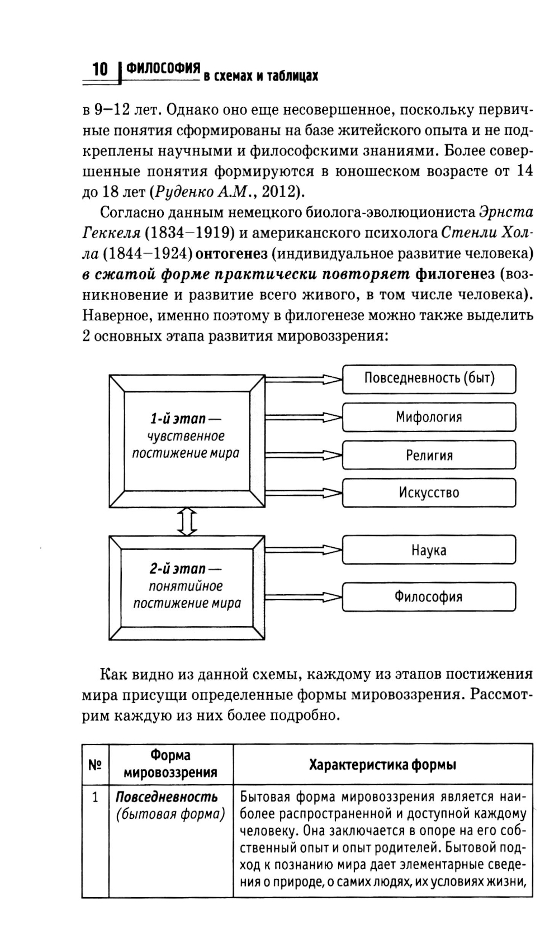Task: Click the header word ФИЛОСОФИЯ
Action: [x=163, y=68]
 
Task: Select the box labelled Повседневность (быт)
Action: [x=429, y=378]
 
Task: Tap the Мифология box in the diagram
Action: [x=429, y=417]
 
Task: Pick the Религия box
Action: [x=429, y=455]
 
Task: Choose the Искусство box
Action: [x=429, y=492]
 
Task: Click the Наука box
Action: [x=429, y=550]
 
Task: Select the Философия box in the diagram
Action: [x=429, y=596]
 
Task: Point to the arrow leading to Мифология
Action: [x=302, y=417]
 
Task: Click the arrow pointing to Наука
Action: [x=302, y=550]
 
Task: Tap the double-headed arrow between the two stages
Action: [x=187, y=522]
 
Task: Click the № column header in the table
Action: [x=95, y=764]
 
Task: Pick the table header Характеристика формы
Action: [x=382, y=764]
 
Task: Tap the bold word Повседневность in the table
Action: [x=167, y=797]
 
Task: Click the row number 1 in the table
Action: [x=95, y=797]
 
